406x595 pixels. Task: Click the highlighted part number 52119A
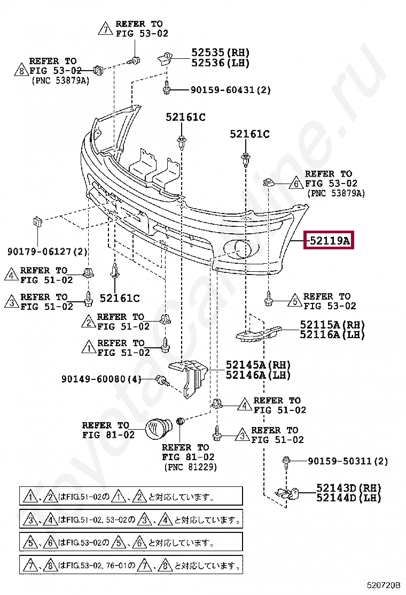328,242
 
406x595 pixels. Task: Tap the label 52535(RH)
221,53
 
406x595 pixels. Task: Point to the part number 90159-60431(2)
230,90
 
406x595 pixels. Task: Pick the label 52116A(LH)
332,335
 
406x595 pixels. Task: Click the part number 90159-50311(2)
347,461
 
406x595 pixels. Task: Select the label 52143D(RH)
348,488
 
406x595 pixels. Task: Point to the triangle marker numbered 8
21,70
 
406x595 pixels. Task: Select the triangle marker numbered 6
295,184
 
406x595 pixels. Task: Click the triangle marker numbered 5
294,302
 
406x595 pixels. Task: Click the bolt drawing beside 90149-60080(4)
162,380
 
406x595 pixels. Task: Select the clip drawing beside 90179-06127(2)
37,221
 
